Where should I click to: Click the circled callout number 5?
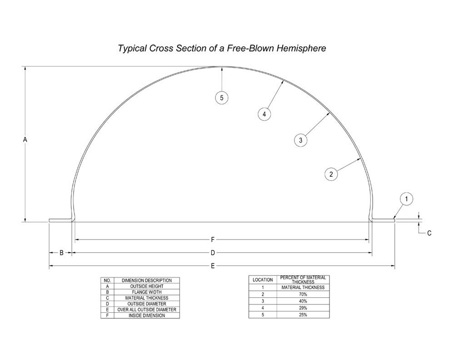pyautogui.click(x=221, y=97)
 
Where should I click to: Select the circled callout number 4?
pyautogui.click(x=264, y=114)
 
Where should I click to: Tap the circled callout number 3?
pyautogui.click(x=300, y=140)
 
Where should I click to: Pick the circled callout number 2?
pyautogui.click(x=331, y=174)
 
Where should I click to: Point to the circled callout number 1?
pyautogui.click(x=407, y=199)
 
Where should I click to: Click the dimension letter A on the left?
pyautogui.click(x=25, y=140)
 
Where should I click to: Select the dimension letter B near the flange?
pyautogui.click(x=61, y=253)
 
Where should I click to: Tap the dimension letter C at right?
pyautogui.click(x=429, y=233)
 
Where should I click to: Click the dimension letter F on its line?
pyautogui.click(x=213, y=239)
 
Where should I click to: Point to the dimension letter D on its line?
pyautogui.click(x=212, y=253)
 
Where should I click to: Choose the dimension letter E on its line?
pyautogui.click(x=212, y=266)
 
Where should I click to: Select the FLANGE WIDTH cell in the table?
pyautogui.click(x=146, y=292)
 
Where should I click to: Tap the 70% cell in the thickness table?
pyautogui.click(x=303, y=294)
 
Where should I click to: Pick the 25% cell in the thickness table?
pyautogui.click(x=303, y=315)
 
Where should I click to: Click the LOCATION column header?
pyautogui.click(x=263, y=280)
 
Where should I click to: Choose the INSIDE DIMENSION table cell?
pyautogui.click(x=146, y=315)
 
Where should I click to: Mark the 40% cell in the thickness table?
pyautogui.click(x=303, y=301)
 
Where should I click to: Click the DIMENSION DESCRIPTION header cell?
pyautogui.click(x=146, y=280)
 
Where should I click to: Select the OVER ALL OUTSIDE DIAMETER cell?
pyautogui.click(x=146, y=310)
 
